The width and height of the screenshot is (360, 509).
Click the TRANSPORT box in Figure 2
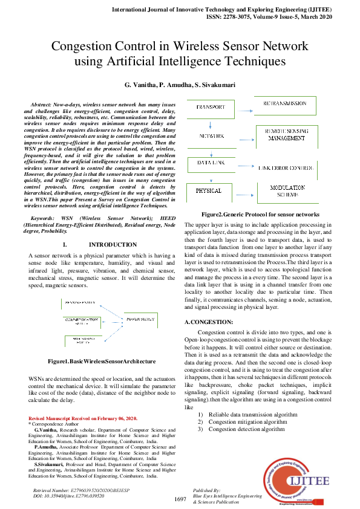[211, 106]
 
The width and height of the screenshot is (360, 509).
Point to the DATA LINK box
[208, 163]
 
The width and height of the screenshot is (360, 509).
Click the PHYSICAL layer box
[208, 191]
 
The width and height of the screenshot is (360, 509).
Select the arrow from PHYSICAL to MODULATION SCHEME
[242, 191]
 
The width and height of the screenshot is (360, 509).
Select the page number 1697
[180, 499]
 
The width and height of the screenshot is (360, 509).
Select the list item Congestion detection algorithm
[246, 429]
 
